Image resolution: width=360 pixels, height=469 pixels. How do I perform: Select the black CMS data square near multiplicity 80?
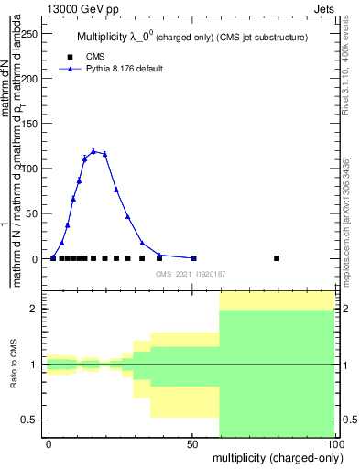tap(277, 258)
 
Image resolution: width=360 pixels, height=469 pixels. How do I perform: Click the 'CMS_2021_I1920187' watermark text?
tap(190, 273)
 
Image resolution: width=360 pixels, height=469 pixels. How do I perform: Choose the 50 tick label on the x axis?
tap(191, 443)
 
